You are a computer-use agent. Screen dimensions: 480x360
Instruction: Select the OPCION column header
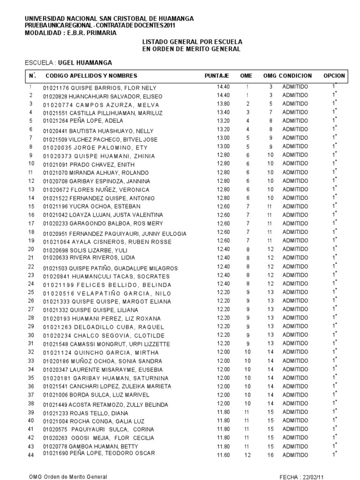334,75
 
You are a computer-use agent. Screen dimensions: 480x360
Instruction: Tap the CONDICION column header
295,75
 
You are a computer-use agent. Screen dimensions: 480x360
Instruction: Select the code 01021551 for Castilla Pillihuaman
55,113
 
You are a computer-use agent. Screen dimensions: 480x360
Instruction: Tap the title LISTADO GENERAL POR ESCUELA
192,42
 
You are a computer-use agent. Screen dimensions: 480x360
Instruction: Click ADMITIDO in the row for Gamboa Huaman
295,446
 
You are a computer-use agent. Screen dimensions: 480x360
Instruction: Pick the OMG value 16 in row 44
270,455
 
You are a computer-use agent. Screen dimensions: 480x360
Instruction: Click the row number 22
31,266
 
